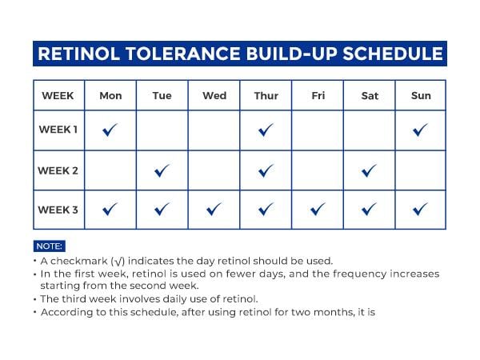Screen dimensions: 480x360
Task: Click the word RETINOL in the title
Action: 78,54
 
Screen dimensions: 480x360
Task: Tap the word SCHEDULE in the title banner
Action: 393,54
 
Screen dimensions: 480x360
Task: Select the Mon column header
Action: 110,95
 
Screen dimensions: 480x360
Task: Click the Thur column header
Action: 266,95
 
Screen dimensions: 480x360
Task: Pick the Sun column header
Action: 421,95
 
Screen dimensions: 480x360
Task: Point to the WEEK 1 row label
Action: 58,130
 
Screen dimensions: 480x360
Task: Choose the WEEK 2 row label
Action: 58,170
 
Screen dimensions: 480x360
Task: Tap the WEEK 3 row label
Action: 58,210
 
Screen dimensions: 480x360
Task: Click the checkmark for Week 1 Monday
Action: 110,130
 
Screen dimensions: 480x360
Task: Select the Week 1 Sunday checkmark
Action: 420,130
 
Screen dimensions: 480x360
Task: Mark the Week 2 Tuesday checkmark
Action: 162,170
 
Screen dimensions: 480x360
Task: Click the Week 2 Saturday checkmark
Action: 369,170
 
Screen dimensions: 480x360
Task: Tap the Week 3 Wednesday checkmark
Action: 214,209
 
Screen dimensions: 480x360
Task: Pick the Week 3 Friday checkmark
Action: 318,209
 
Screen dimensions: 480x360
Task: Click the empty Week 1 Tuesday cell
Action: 162,130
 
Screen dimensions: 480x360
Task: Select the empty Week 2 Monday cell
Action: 110,170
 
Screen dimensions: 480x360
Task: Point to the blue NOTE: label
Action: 50,246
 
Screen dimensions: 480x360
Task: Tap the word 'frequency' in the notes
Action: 360,274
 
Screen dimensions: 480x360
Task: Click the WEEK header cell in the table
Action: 58,95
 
